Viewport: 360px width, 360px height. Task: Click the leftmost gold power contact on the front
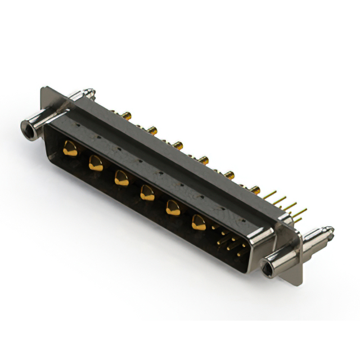(70, 150)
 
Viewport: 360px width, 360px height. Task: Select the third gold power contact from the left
(121, 179)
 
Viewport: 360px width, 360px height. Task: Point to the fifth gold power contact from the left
(173, 209)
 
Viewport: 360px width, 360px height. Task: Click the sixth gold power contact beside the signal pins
(198, 223)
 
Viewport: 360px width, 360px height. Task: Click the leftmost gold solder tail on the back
(128, 116)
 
